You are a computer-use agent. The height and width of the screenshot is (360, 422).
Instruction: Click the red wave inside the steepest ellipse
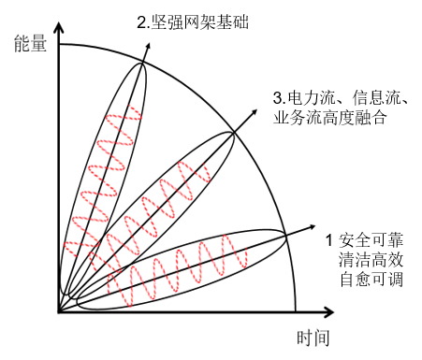tap(103, 178)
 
